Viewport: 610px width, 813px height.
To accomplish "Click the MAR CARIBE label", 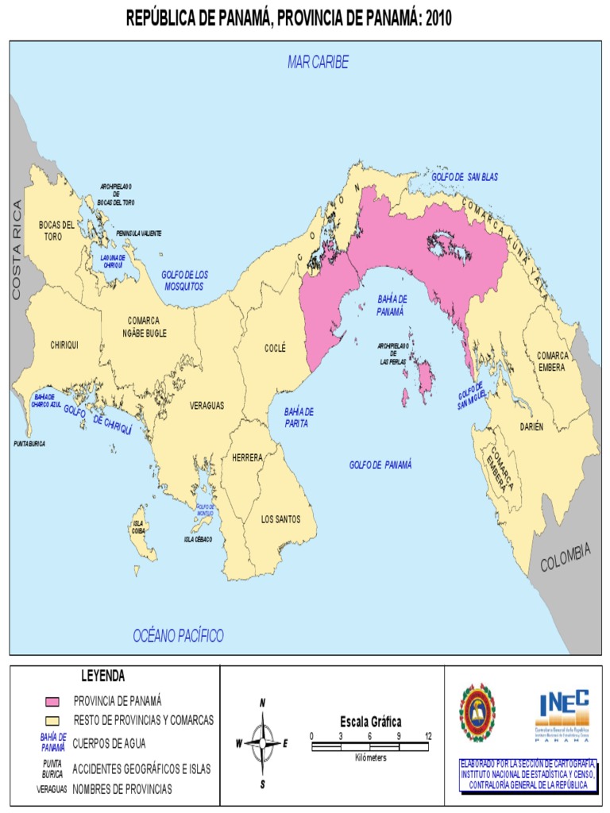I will click(x=318, y=63).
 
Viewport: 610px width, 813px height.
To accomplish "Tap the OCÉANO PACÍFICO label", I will click(x=178, y=635).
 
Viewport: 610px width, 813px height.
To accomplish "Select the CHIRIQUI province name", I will click(x=64, y=345).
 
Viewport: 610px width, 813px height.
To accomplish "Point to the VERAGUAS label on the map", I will click(x=207, y=405).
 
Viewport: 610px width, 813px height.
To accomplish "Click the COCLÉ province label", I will click(x=275, y=348).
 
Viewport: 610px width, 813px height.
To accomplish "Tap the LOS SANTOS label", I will click(x=281, y=519).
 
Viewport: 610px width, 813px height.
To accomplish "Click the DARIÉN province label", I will click(x=531, y=426).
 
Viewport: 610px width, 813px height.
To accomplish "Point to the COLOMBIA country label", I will click(x=566, y=557).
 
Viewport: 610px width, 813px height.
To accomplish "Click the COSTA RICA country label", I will click(x=17, y=250).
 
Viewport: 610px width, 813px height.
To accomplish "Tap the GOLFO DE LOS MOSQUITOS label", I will click(x=184, y=279).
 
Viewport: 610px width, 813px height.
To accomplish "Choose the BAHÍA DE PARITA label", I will click(x=299, y=417).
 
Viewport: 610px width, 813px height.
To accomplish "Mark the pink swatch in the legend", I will click(x=52, y=701).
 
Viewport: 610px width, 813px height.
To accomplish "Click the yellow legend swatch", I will click(x=52, y=720).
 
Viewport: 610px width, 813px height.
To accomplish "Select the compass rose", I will click(x=262, y=743).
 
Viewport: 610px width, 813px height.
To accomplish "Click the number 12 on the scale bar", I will click(x=428, y=735).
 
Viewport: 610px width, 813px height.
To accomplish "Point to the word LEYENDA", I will click(x=103, y=676).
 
